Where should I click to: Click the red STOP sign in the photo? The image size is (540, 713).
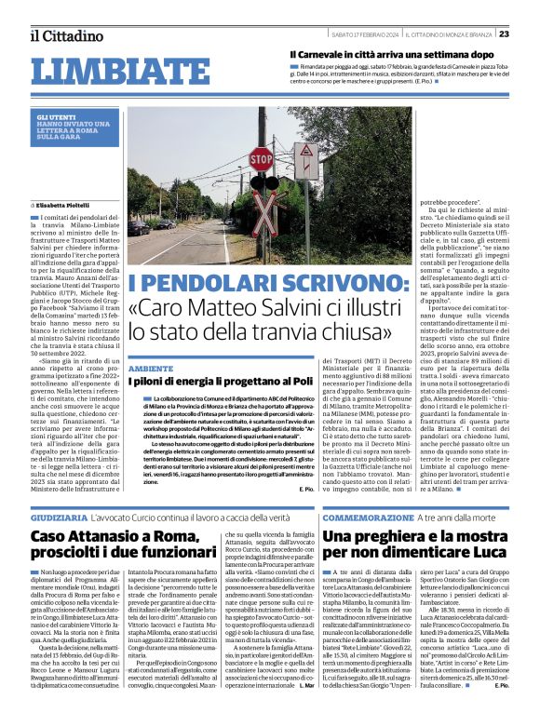tap(263, 159)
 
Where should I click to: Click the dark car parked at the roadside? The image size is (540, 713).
tap(138, 228)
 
